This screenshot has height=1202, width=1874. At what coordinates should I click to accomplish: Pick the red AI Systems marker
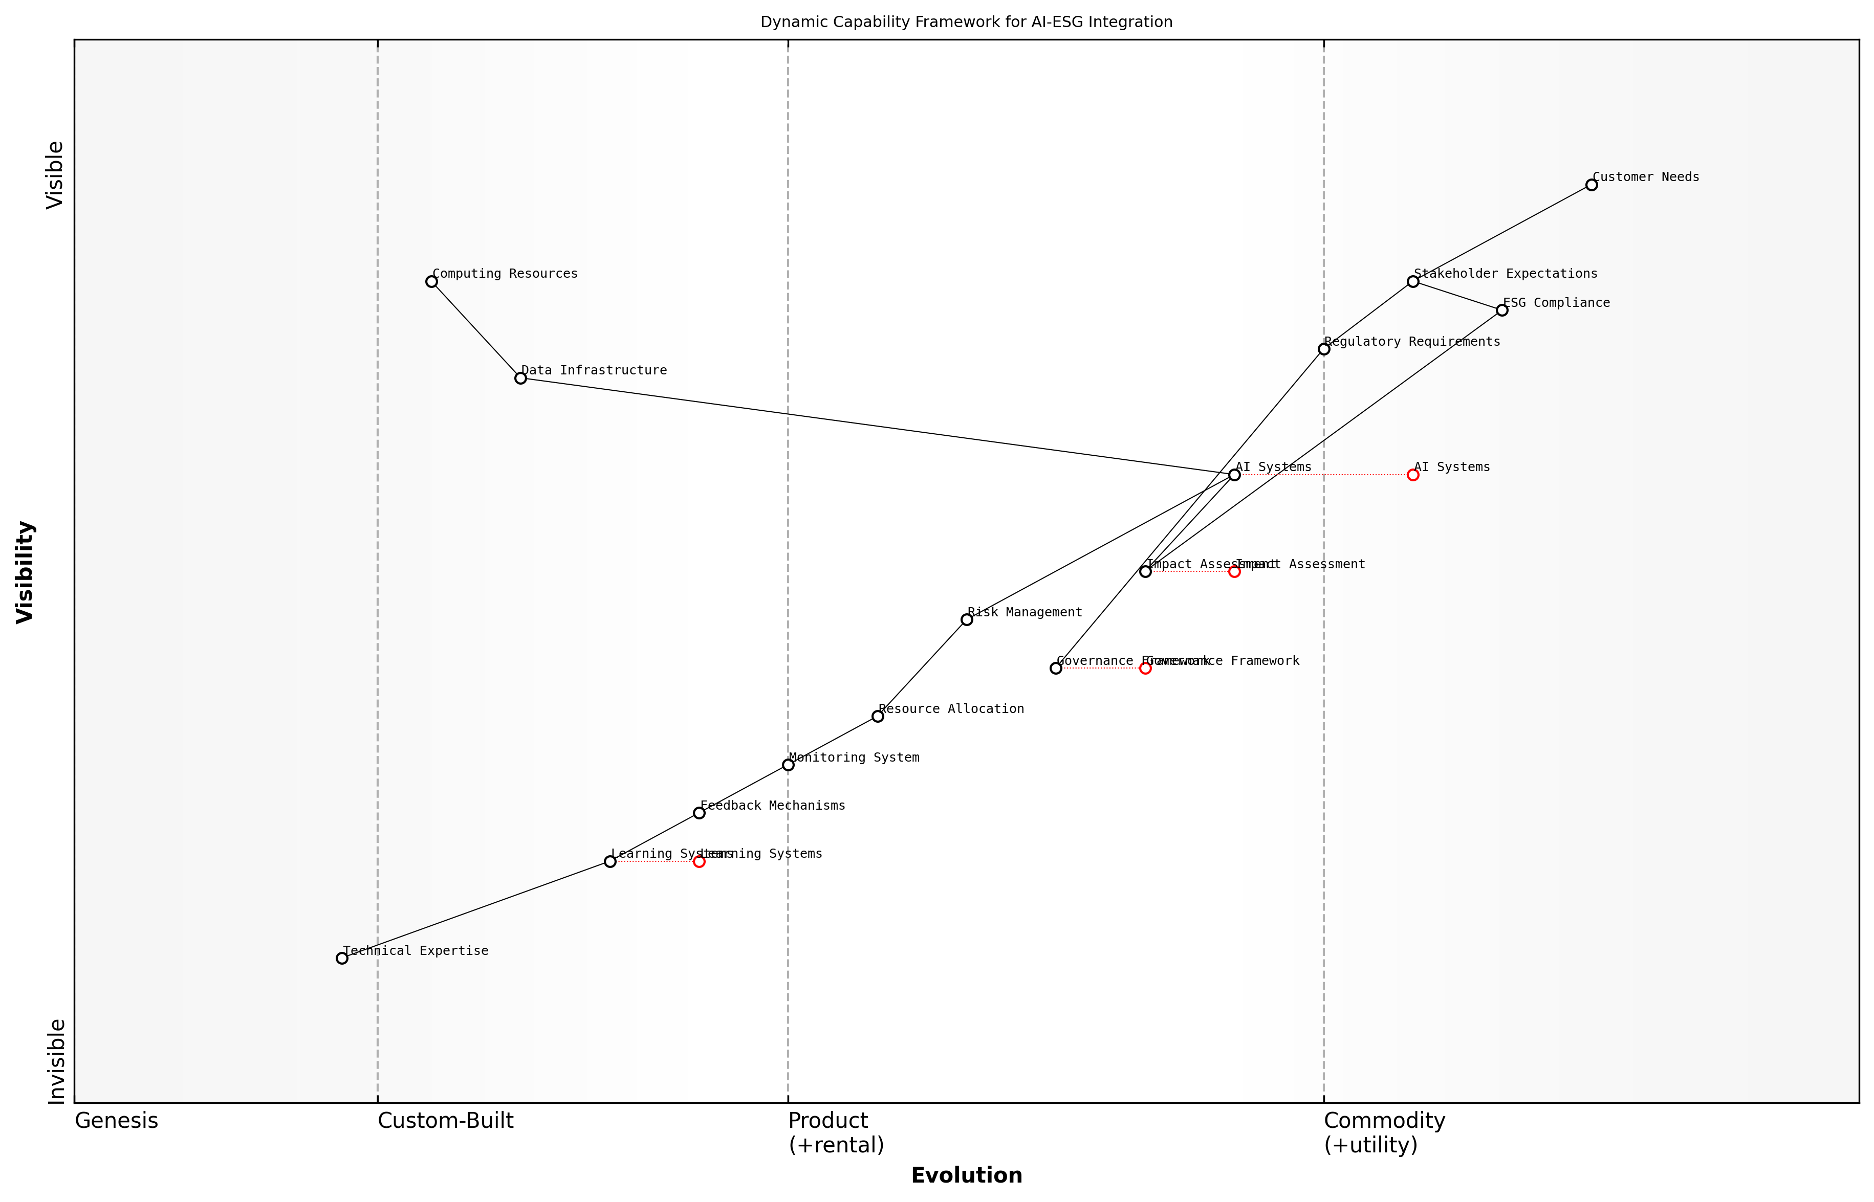[x=1412, y=475]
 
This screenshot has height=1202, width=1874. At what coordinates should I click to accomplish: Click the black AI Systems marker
[x=1234, y=475]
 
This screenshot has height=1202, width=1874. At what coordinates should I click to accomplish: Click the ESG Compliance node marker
[x=1501, y=310]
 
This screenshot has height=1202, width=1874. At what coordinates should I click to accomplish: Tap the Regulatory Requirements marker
[x=1323, y=349]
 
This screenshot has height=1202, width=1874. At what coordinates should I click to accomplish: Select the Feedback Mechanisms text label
[x=772, y=806]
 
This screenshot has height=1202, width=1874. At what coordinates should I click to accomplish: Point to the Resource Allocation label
[x=951, y=709]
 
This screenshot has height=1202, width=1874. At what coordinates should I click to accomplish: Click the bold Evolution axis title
[x=966, y=1175]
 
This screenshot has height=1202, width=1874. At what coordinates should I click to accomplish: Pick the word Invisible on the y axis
[x=56, y=1061]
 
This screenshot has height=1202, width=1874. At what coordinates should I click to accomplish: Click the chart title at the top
[x=966, y=23]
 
